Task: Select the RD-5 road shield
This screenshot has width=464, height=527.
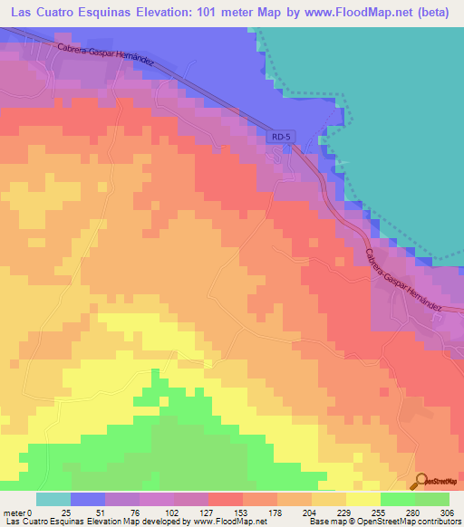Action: [281, 137]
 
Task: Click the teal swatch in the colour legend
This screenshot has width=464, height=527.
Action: [53, 499]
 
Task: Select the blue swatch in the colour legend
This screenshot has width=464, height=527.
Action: [88, 499]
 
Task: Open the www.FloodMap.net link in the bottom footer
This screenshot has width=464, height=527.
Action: [225, 521]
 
